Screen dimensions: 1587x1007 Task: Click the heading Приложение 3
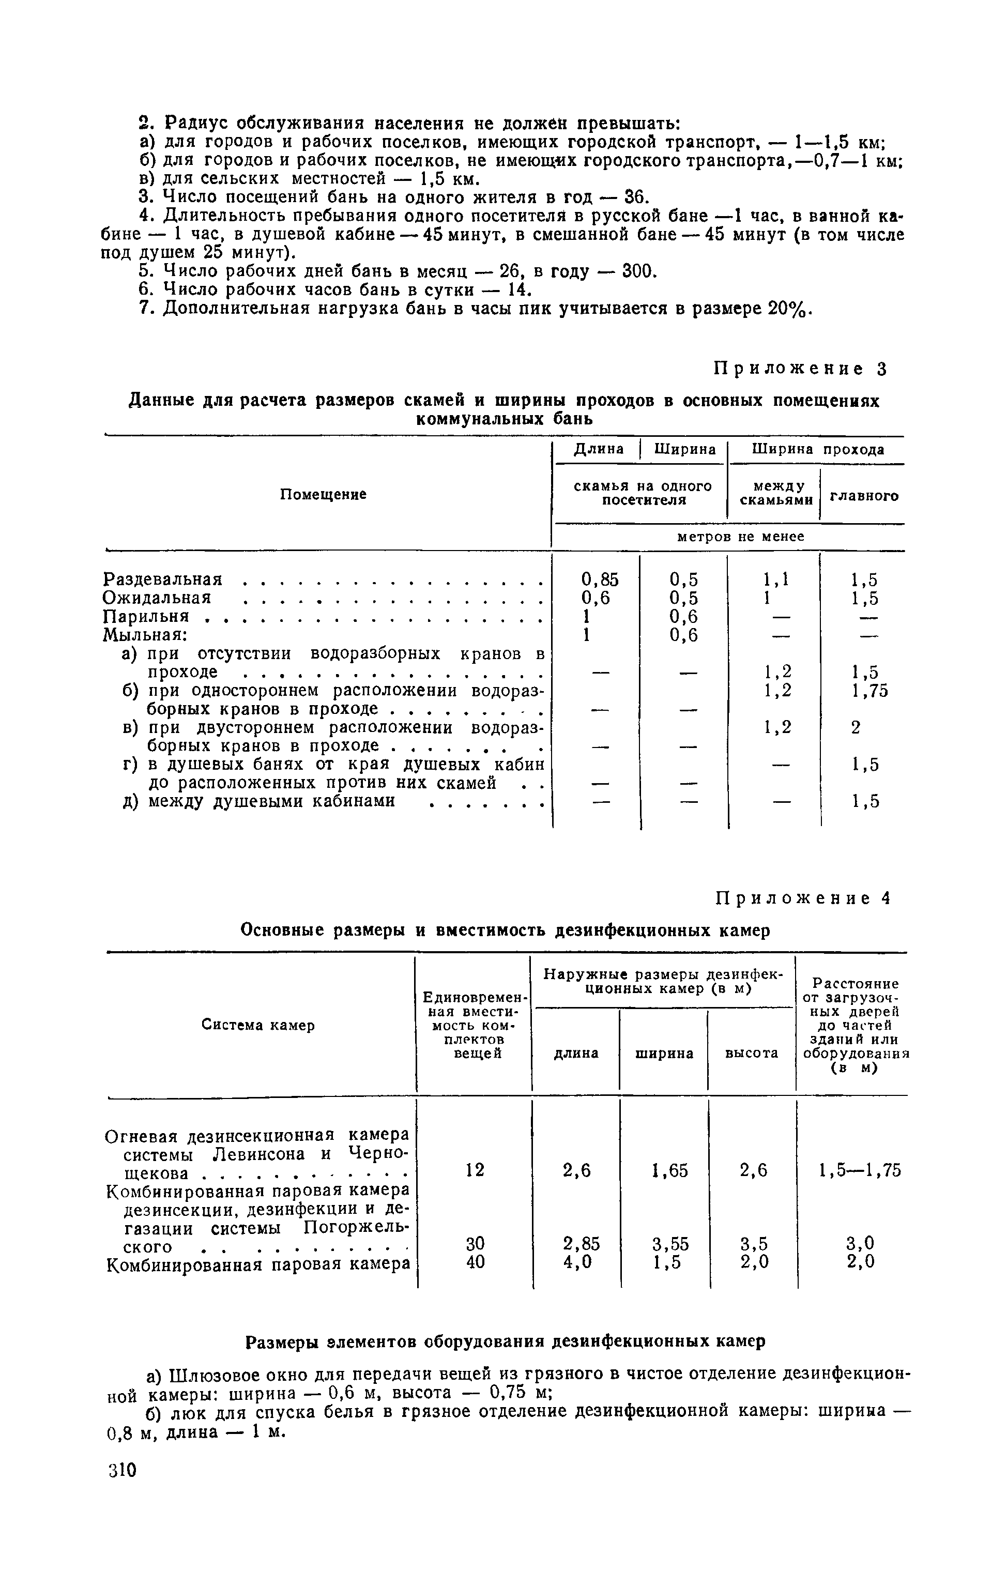[801, 369]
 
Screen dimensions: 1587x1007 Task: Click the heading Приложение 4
[803, 898]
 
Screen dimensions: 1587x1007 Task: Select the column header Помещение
[323, 494]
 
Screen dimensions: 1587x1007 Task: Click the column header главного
[863, 496]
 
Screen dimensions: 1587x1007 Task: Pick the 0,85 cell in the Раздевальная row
[599, 579]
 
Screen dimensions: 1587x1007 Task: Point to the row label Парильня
[146, 616]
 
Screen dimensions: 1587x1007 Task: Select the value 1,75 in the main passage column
[868, 690]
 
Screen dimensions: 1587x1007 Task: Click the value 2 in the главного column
[856, 728]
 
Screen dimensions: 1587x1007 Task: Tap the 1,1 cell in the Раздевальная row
[775, 579]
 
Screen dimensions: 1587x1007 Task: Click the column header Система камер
[257, 1026]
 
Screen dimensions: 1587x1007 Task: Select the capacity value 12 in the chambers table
[475, 1170]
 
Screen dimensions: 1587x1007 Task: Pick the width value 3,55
[669, 1244]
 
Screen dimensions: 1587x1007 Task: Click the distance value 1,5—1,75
[859, 1170]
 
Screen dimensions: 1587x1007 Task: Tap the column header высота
[751, 1053]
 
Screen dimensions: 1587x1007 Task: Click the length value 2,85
[581, 1244]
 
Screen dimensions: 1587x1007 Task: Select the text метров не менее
[741, 537]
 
